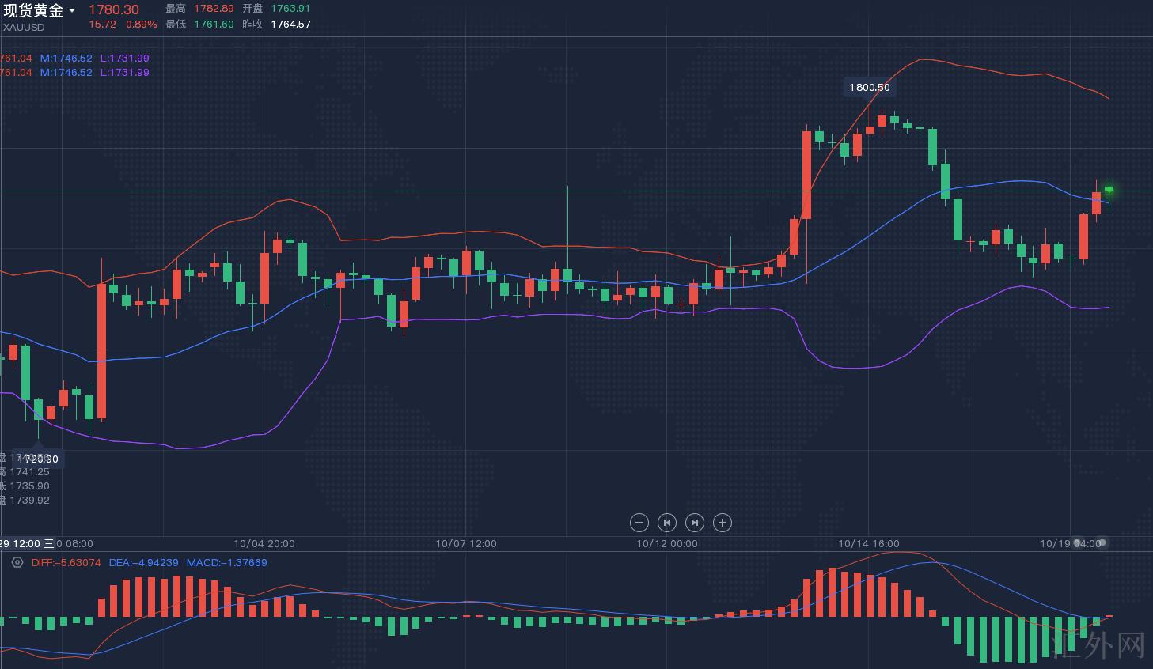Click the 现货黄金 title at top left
tap(33, 10)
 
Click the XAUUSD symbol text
tap(23, 27)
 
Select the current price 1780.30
tap(113, 9)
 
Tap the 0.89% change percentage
tap(142, 25)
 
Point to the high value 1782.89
tap(214, 9)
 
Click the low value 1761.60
tap(214, 25)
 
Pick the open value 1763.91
tap(290, 9)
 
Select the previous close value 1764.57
tap(290, 25)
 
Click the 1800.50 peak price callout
tap(869, 88)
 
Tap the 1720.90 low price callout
tap(38, 459)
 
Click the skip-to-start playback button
tap(667, 523)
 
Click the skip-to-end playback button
tap(694, 523)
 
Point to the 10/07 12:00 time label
tap(466, 544)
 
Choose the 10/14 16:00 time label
tap(869, 544)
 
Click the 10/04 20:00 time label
tap(264, 544)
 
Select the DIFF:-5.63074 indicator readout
tap(66, 563)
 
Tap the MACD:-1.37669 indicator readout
tap(226, 563)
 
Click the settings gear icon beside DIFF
tap(17, 563)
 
